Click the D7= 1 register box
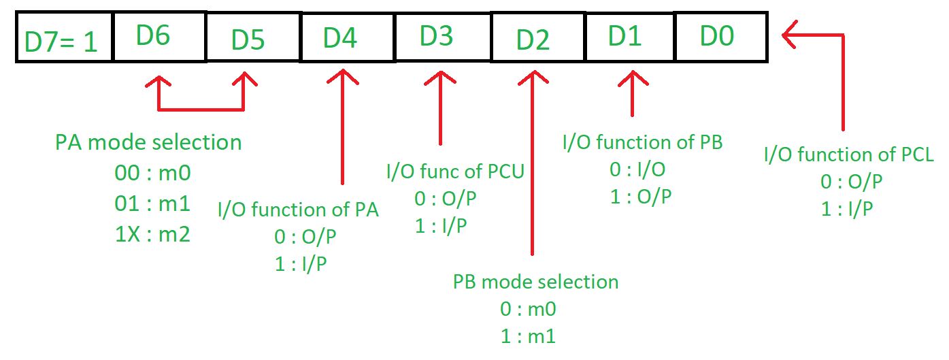[65, 37]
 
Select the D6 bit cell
[160, 37]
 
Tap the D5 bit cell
[253, 37]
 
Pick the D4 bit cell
[348, 37]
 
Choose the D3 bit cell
[443, 37]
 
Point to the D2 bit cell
[538, 37]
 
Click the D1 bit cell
[629, 37]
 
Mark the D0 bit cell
[721, 37]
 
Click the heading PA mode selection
[148, 142]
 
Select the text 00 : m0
[152, 173]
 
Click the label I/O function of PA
[298, 210]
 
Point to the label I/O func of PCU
[455, 171]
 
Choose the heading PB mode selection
[535, 282]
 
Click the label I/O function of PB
[642, 142]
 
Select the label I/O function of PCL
[848, 154]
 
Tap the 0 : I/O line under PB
[637, 170]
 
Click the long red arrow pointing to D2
[533, 163]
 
